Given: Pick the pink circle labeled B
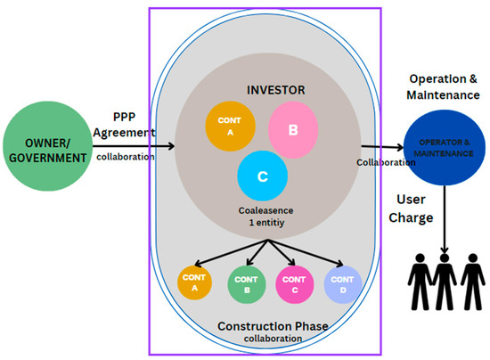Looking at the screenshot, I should click(293, 127).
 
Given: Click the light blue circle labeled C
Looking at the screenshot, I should click(262, 176).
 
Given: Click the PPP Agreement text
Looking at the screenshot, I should click(124, 125).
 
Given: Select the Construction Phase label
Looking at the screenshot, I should click(273, 327).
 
